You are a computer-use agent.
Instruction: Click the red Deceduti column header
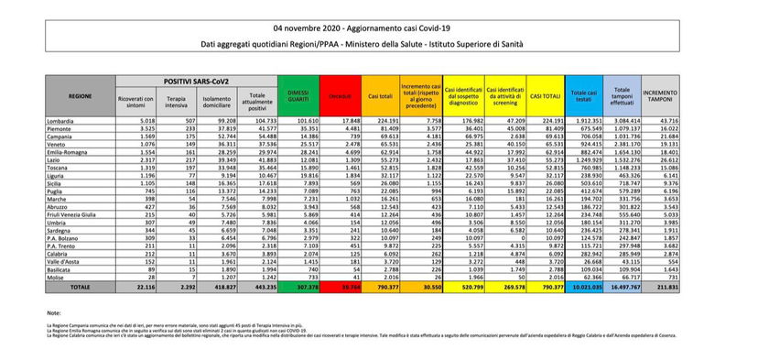click(x=340, y=94)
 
